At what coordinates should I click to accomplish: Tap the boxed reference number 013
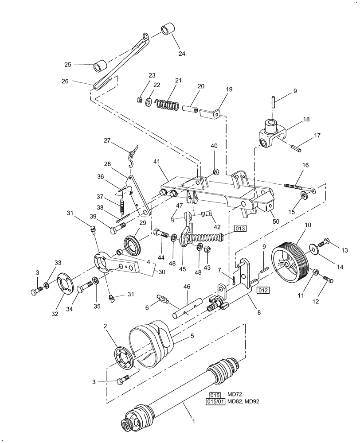(239, 229)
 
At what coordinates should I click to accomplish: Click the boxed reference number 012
(262, 291)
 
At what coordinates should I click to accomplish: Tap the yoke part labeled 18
(270, 135)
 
